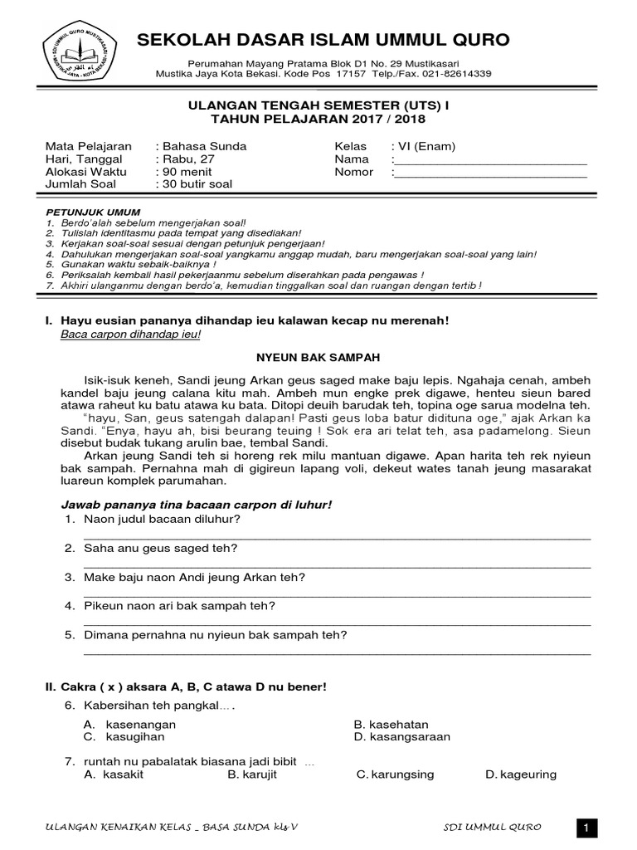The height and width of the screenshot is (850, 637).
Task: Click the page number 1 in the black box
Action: coord(586,828)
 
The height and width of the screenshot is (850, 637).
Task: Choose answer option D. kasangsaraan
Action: coord(402,736)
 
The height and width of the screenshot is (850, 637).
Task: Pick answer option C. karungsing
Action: coord(395,774)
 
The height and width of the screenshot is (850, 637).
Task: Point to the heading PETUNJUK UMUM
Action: coord(93,212)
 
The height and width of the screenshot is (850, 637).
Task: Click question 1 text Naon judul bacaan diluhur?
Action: coord(163,519)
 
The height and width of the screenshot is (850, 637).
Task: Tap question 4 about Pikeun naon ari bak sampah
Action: coord(179,606)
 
